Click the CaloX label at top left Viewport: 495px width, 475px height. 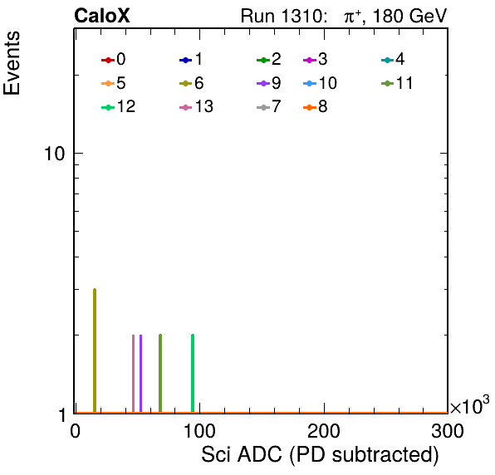coord(102,16)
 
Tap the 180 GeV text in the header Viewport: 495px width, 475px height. coord(410,16)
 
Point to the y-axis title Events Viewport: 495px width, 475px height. coord(12,63)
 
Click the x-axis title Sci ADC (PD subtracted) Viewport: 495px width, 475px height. coord(320,455)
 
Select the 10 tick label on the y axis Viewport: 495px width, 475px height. coord(54,154)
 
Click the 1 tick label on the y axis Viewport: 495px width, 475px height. coord(61,415)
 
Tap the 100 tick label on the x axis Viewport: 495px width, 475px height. coord(199,431)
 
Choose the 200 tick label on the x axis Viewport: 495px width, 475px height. coord(324,431)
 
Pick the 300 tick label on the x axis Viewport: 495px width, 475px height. coord(448,431)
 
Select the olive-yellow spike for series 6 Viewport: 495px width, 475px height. coord(95,350)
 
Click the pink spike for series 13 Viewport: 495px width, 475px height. coord(133,374)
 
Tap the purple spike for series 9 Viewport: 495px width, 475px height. coord(141,374)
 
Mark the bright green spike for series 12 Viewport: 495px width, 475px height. coord(193,374)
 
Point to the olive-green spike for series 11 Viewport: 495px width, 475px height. coord(160,374)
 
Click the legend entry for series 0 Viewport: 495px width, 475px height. coord(113,59)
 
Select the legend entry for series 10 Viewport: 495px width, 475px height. coord(320,83)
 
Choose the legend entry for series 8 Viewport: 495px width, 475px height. coord(315,107)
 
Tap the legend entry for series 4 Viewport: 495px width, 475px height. coord(393,59)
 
